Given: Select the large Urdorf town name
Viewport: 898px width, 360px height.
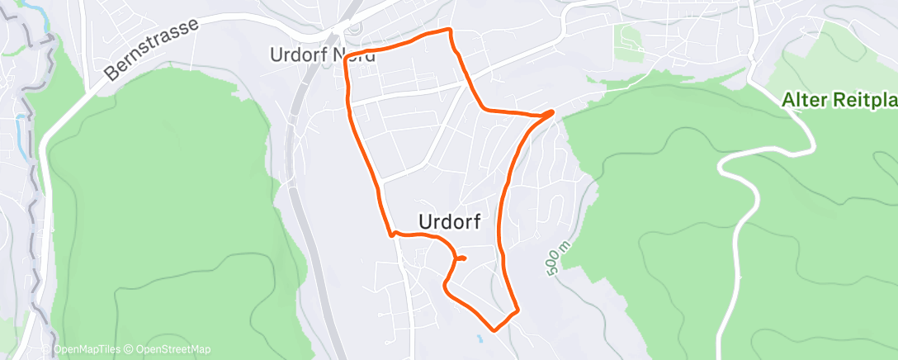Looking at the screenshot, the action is (x=450, y=221).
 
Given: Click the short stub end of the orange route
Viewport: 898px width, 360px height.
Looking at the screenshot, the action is (x=464, y=258).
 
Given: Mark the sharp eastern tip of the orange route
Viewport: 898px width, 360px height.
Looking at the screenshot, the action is (x=552, y=111).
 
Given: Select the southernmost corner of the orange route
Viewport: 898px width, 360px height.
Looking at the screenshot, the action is (x=494, y=329).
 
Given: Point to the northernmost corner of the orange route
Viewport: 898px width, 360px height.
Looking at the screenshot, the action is (x=450, y=31).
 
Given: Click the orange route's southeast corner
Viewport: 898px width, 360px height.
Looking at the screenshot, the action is (x=517, y=311).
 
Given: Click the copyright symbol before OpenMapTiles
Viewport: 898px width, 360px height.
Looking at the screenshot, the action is (x=48, y=349).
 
